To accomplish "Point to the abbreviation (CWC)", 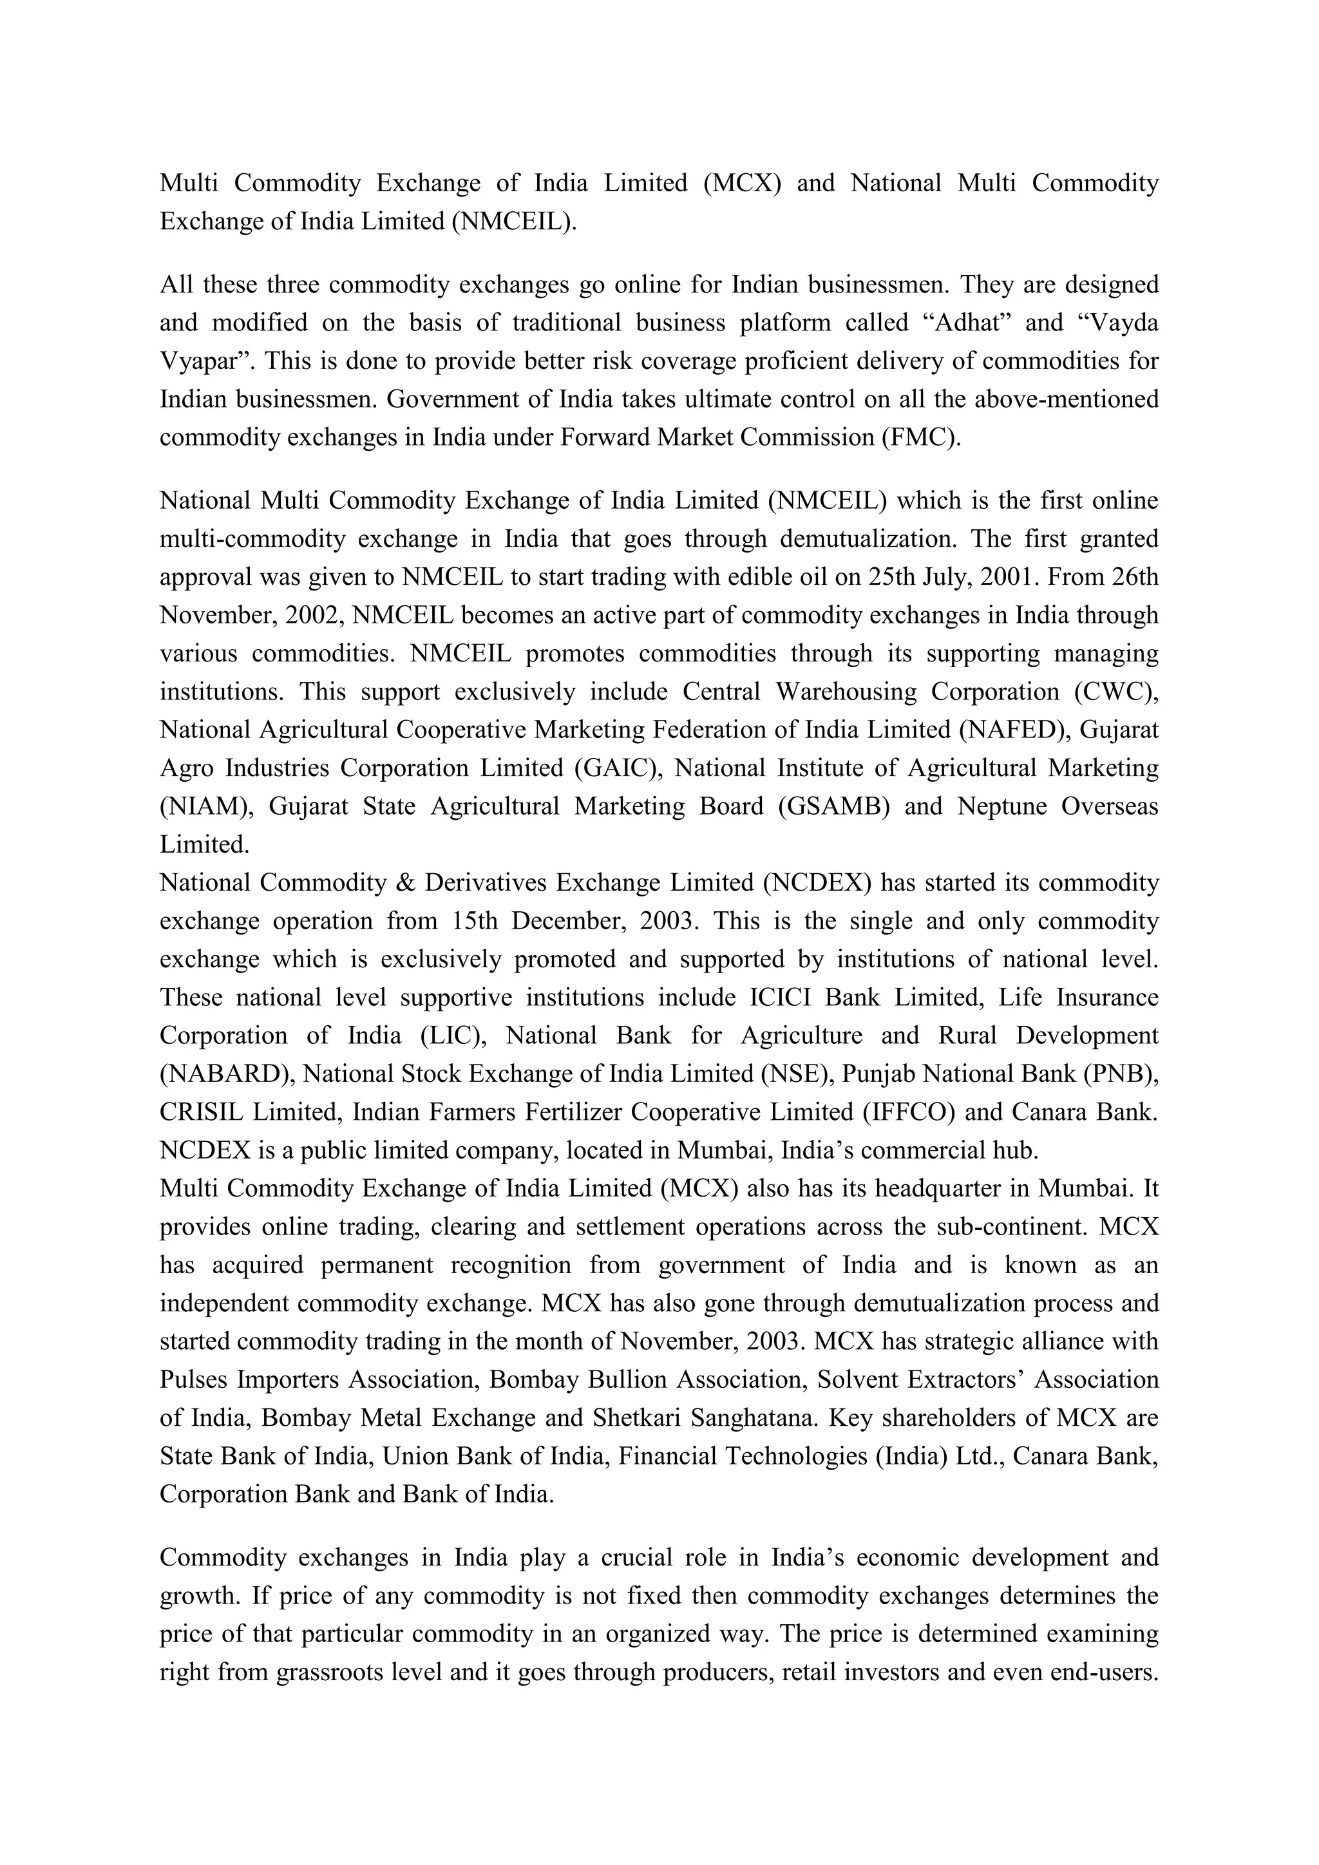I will click(x=1116, y=692).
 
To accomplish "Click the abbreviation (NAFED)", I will click(x=1012, y=730).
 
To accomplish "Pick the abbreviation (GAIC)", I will click(x=619, y=768).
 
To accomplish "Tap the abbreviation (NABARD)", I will click(x=227, y=1074).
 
